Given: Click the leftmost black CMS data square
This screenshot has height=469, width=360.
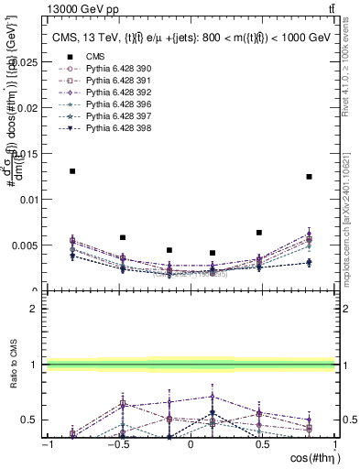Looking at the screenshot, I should pyautogui.click(x=72, y=171).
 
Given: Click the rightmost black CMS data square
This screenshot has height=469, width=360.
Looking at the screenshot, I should pyautogui.click(x=309, y=177).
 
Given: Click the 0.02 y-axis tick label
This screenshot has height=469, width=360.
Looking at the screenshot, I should pyautogui.click(x=30, y=107).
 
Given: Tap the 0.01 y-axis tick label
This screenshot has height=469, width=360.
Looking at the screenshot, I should pyautogui.click(x=30, y=199).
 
